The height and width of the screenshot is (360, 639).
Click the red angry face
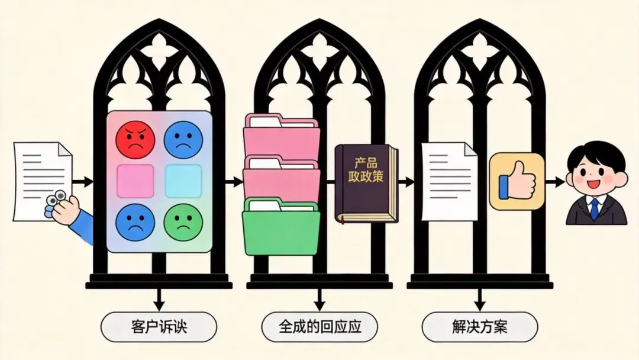click(135, 139)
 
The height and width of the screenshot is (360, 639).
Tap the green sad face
click(183, 222)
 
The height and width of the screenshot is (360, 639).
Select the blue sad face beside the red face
click(183, 139)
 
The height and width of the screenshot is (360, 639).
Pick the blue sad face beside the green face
click(135, 223)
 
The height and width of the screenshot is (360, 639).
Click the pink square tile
click(135, 181)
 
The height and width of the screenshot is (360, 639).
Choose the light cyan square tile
click(183, 181)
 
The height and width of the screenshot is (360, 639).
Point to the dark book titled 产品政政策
click(366, 184)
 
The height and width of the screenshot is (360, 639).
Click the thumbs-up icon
click(517, 181)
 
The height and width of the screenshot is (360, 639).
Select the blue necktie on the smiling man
click(595, 209)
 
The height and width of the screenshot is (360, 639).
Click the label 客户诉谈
click(159, 327)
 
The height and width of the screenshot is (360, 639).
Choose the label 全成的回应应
click(320, 327)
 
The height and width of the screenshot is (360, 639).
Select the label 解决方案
click(480, 327)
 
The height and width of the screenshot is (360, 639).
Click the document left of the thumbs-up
click(450, 181)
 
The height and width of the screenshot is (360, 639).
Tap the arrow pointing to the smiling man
click(555, 182)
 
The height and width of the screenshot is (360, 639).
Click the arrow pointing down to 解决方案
click(480, 300)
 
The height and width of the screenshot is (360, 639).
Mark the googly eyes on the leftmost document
click(56, 198)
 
